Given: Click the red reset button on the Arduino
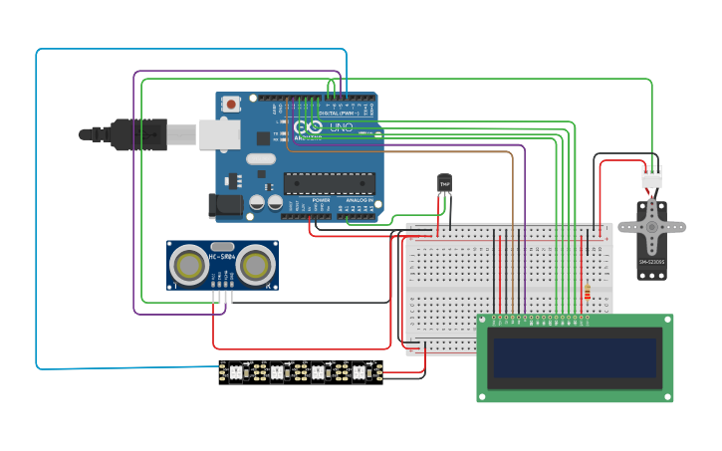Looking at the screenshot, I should pyautogui.click(x=231, y=104).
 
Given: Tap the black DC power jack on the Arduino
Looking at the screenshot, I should pyautogui.click(x=225, y=206).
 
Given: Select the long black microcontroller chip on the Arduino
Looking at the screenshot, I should pyautogui.click(x=330, y=182).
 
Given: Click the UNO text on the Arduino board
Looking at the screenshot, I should pyautogui.click(x=341, y=127).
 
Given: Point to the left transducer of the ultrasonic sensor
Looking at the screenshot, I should pyautogui.click(x=189, y=264).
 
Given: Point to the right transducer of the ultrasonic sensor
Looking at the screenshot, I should pyautogui.click(x=256, y=264).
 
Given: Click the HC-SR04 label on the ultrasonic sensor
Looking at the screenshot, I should pyautogui.click(x=222, y=258).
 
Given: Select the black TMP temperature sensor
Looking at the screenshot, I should pyautogui.click(x=444, y=184).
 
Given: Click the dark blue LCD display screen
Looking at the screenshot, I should pyautogui.click(x=575, y=361).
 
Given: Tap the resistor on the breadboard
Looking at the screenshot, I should pyautogui.click(x=587, y=293).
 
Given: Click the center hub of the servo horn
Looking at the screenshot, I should pyautogui.click(x=652, y=226).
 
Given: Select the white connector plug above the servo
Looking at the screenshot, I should pyautogui.click(x=651, y=176).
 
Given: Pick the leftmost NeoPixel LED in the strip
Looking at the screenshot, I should pyautogui.click(x=236, y=372).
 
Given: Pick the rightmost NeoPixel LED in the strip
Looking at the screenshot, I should pyautogui.click(x=359, y=372).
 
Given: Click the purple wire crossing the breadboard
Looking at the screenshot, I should pyautogui.click(x=524, y=269).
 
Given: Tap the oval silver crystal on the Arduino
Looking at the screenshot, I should pyautogui.click(x=260, y=158).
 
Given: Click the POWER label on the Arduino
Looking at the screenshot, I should pyautogui.click(x=321, y=200).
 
